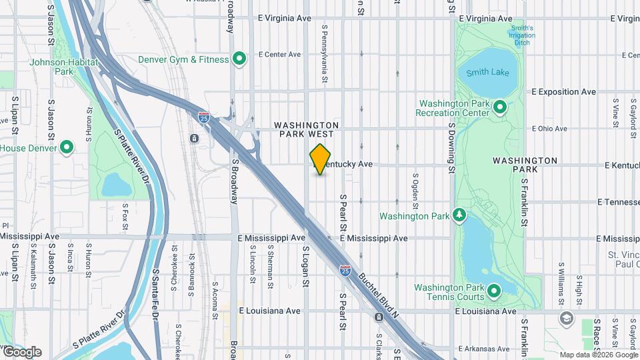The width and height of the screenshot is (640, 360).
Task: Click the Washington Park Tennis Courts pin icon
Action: (x=494, y=291)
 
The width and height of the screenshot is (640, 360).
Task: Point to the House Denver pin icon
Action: (x=67, y=147)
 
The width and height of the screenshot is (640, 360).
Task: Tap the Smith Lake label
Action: (x=487, y=72)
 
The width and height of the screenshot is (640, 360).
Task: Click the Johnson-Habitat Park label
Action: (x=64, y=67)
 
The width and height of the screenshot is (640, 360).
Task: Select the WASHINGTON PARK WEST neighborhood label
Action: (x=306, y=130)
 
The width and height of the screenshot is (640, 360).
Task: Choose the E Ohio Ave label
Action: (x=550, y=129)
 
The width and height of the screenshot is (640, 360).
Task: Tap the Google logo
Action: (x=22, y=351)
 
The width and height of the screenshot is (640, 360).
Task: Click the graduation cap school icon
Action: (x=566, y=317)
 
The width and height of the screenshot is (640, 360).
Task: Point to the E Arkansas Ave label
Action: (x=485, y=349)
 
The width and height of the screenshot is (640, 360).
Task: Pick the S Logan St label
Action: (x=306, y=266)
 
